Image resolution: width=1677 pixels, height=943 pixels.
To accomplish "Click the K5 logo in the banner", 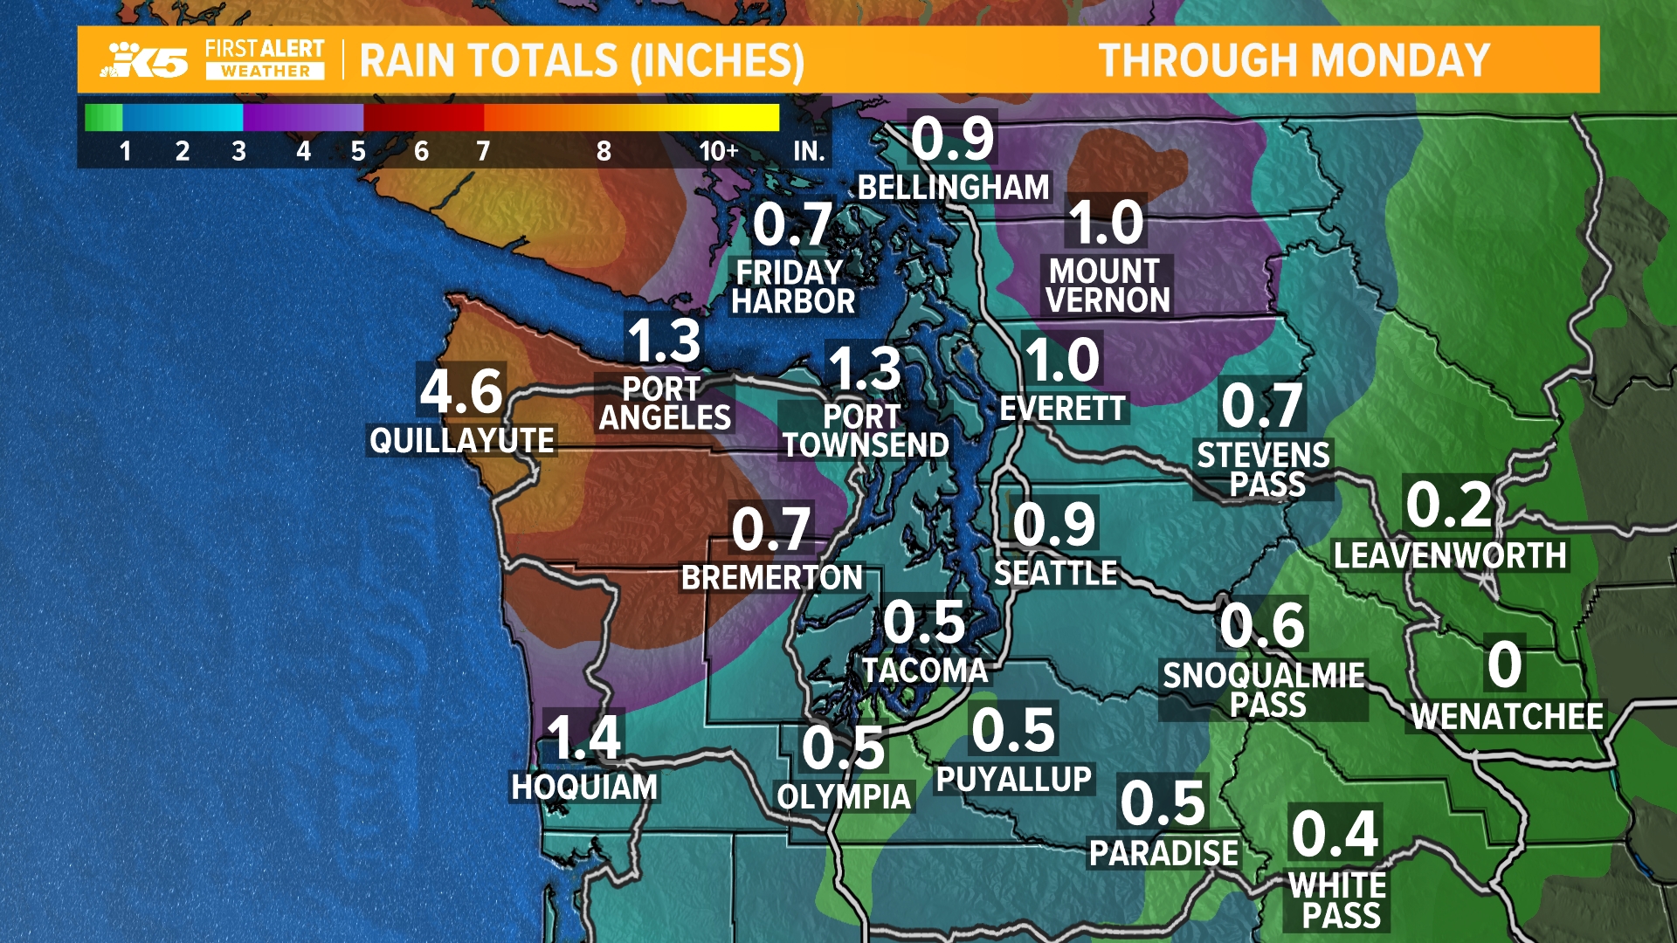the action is [x=146, y=60].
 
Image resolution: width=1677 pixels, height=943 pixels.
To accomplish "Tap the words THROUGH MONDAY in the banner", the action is [x=1294, y=60].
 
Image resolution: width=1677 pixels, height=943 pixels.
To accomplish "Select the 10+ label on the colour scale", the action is [x=718, y=151].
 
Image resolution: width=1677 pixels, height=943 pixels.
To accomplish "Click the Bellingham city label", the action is [x=953, y=187].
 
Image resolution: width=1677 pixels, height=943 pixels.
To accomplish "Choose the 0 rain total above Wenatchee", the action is [x=1505, y=665].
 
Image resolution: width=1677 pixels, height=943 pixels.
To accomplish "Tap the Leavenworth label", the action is [x=1450, y=555].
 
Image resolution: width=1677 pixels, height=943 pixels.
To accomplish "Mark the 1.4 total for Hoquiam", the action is [x=583, y=738].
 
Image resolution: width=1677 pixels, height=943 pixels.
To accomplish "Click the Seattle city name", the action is [x=1056, y=573].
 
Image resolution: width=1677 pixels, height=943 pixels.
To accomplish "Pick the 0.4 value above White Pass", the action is [x=1335, y=834].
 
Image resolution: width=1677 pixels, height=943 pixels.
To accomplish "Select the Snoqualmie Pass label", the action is [x=1265, y=690].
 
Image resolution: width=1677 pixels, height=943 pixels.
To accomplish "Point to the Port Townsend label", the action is [x=865, y=430].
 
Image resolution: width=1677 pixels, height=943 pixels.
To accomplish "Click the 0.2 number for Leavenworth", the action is [x=1449, y=505].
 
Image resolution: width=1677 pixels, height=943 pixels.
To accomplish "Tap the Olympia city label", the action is [x=844, y=796].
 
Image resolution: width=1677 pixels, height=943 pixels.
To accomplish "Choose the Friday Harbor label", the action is [x=792, y=286].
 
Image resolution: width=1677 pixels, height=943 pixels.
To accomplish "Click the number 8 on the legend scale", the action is [x=604, y=151].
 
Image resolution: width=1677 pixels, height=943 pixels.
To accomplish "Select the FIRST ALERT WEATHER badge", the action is [x=265, y=60].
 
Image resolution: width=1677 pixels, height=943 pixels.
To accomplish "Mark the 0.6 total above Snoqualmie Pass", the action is [x=1262, y=625].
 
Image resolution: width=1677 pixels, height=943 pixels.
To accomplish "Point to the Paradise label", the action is [x=1163, y=853].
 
